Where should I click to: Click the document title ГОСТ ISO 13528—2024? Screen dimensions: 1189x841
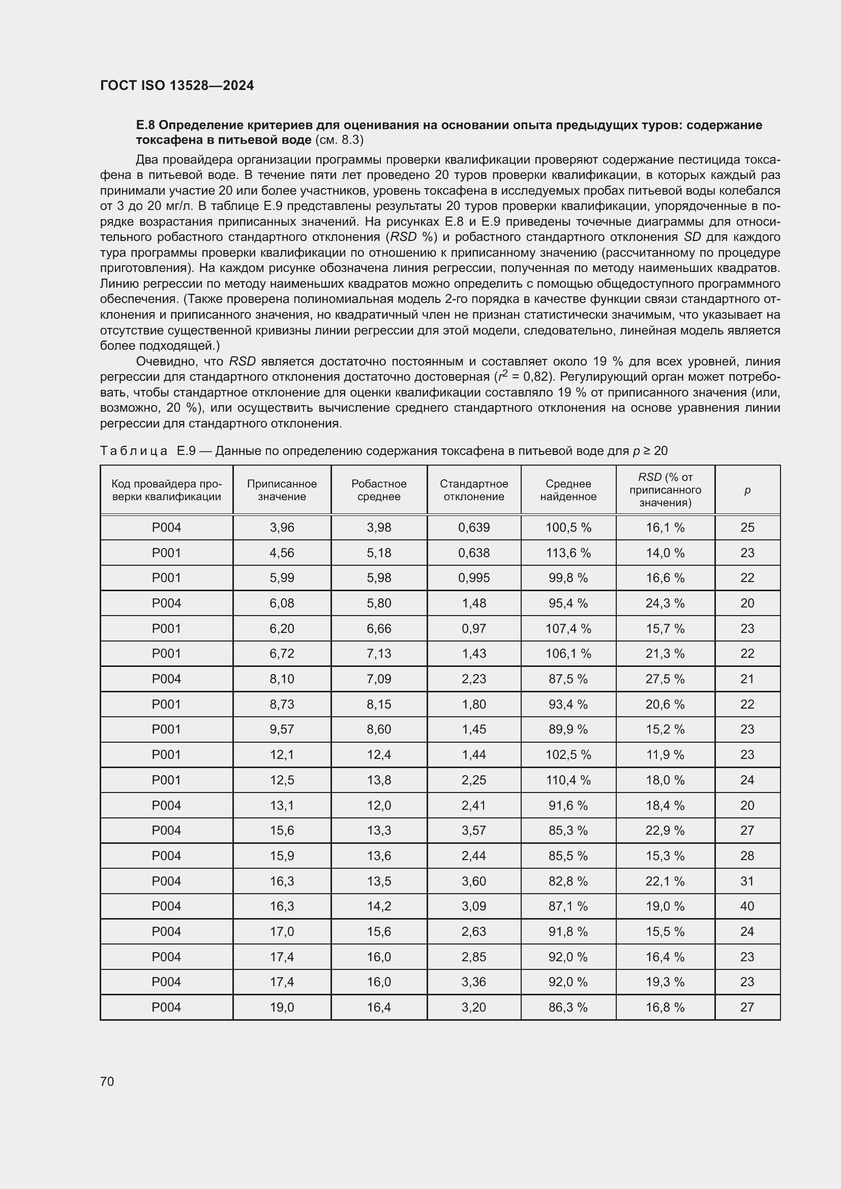(x=177, y=85)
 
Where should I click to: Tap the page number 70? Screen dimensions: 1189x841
(x=107, y=1081)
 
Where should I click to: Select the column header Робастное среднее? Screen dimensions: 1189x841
(x=379, y=490)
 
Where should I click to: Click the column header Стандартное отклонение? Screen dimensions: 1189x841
(x=474, y=490)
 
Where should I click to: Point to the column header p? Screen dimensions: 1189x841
(x=747, y=490)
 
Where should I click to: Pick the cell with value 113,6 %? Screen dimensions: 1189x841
(x=568, y=553)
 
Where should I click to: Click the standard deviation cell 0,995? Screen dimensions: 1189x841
(x=474, y=577)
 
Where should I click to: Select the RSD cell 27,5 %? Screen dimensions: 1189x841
(x=665, y=679)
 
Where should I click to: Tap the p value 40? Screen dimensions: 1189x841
(x=747, y=906)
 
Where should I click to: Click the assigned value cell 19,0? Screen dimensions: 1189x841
(x=282, y=1007)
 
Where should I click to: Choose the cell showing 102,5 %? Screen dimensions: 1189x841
(x=568, y=754)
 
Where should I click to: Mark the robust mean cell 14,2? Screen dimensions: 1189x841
(x=379, y=906)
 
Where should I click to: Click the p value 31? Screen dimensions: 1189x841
(x=747, y=881)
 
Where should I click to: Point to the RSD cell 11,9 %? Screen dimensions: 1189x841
(x=665, y=754)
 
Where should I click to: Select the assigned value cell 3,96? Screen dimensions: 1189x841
(x=282, y=527)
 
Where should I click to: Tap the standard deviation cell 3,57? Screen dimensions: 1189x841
(x=474, y=830)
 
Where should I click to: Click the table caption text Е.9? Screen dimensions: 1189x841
(x=186, y=450)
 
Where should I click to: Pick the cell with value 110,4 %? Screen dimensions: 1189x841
(x=568, y=780)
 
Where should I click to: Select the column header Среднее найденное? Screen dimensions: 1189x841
(x=568, y=490)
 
